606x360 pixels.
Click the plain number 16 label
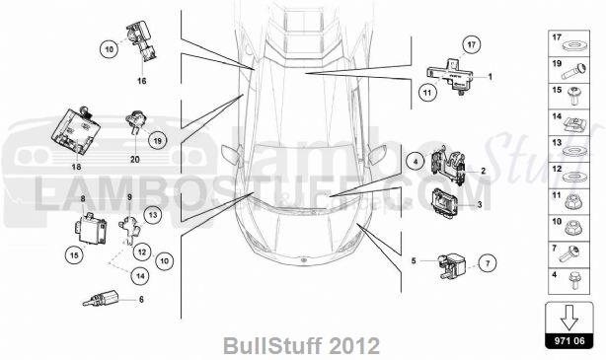pos(141,81)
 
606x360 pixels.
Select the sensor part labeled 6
pos(100,300)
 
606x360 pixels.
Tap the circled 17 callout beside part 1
pos(471,44)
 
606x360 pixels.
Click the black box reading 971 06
pos(569,340)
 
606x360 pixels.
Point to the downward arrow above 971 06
pos(569,318)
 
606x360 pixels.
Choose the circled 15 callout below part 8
pos(74,254)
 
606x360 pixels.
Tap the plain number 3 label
pos(480,205)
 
